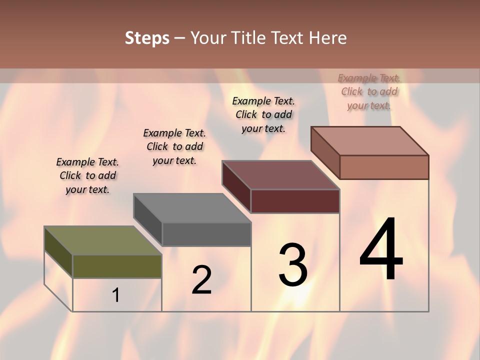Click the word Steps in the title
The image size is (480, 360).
click(x=147, y=38)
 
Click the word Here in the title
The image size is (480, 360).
click(x=327, y=38)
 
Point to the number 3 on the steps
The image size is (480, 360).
click(x=293, y=265)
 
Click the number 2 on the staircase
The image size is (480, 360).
click(x=201, y=280)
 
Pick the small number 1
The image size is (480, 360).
click(x=116, y=295)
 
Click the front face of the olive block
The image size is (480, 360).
click(x=117, y=266)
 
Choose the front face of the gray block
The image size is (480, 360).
click(x=206, y=234)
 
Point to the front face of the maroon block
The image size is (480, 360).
click(x=295, y=201)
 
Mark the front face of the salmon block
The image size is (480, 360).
click(x=384, y=167)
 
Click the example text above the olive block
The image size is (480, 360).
click(x=87, y=175)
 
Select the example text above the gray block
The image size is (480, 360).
click(x=174, y=146)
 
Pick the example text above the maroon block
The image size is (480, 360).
click(x=263, y=114)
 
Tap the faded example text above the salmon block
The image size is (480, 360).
click(x=369, y=91)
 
